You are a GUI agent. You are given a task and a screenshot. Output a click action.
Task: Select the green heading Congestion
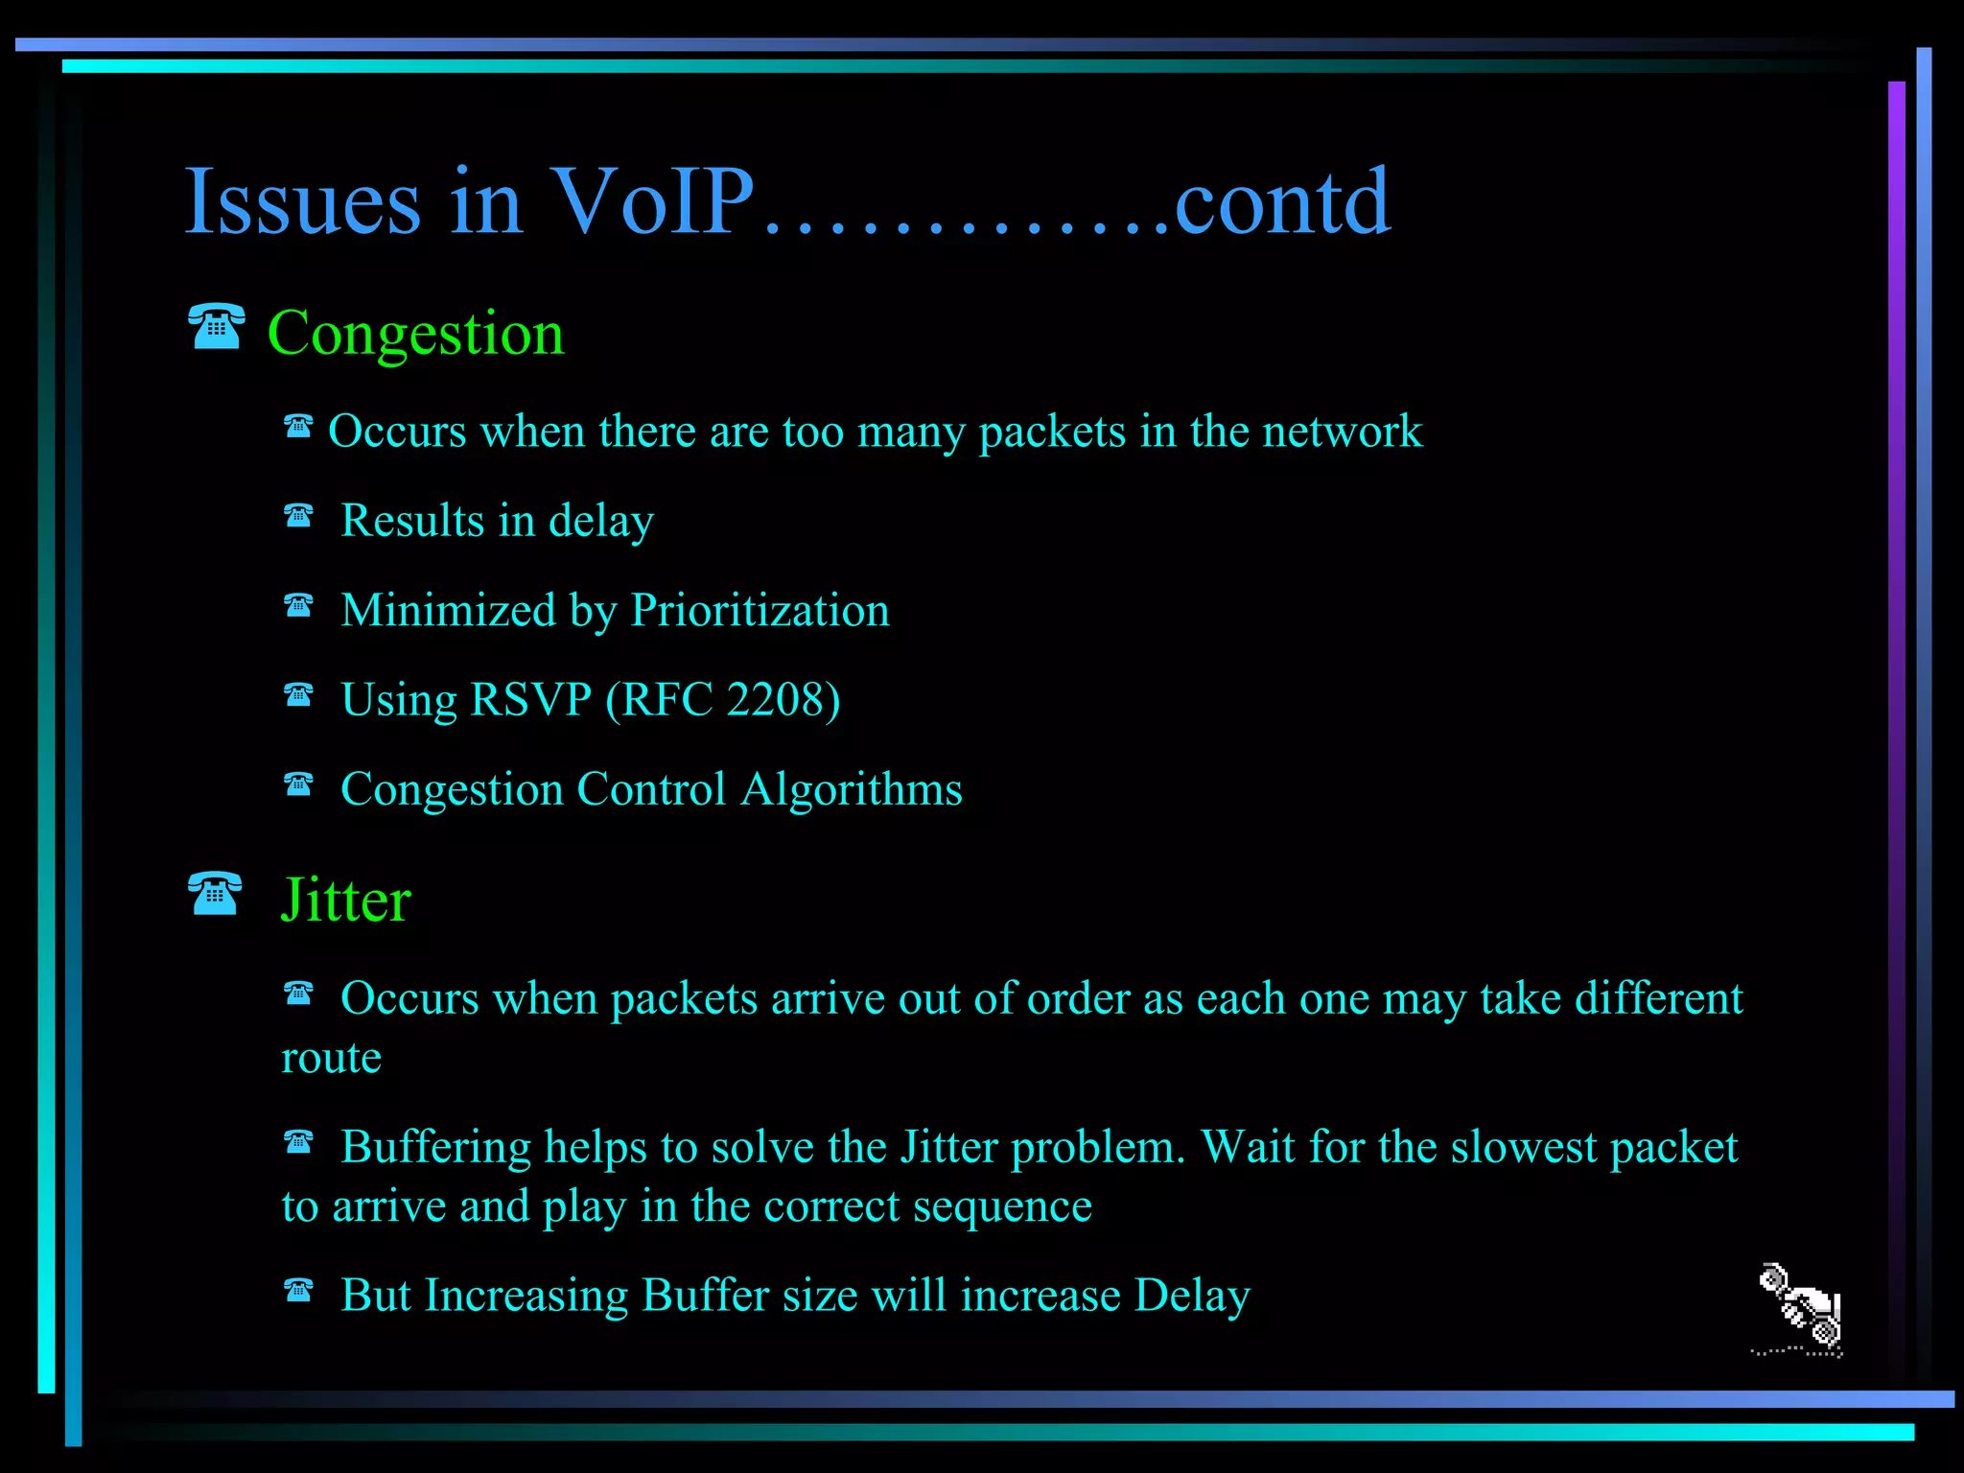(x=415, y=334)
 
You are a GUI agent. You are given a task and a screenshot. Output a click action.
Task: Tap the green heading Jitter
(x=345, y=900)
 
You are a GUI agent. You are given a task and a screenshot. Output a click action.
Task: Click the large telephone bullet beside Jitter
(x=215, y=894)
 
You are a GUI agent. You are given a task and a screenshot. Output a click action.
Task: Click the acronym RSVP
(x=530, y=699)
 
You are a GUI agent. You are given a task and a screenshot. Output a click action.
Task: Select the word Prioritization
(x=760, y=610)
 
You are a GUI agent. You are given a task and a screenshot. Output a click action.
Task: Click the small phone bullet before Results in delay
(x=298, y=516)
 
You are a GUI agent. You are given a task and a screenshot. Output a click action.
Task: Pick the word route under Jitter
(x=331, y=1058)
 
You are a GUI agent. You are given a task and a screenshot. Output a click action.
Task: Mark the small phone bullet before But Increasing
(x=298, y=1291)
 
